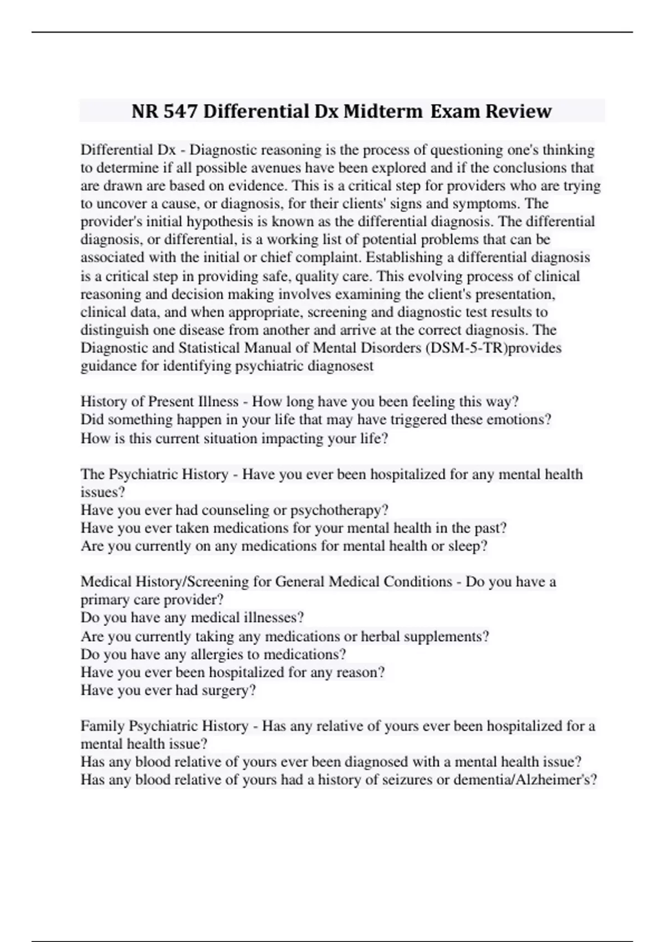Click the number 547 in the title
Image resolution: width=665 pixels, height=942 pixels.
pyautogui.click(x=180, y=111)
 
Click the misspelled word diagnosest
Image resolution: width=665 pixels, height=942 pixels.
pyautogui.click(x=340, y=366)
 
